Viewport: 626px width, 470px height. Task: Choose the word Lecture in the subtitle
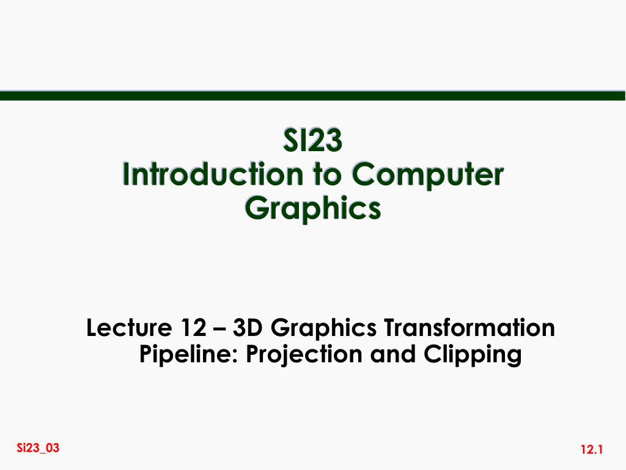point(125,329)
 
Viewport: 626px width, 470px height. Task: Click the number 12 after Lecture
point(193,329)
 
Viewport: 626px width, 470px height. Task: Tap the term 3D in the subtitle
point(246,329)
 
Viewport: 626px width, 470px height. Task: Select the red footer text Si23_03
point(39,448)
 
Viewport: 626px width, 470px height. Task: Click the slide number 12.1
point(592,451)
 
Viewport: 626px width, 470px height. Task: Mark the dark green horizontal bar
point(312,95)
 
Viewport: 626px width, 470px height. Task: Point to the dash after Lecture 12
point(220,330)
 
